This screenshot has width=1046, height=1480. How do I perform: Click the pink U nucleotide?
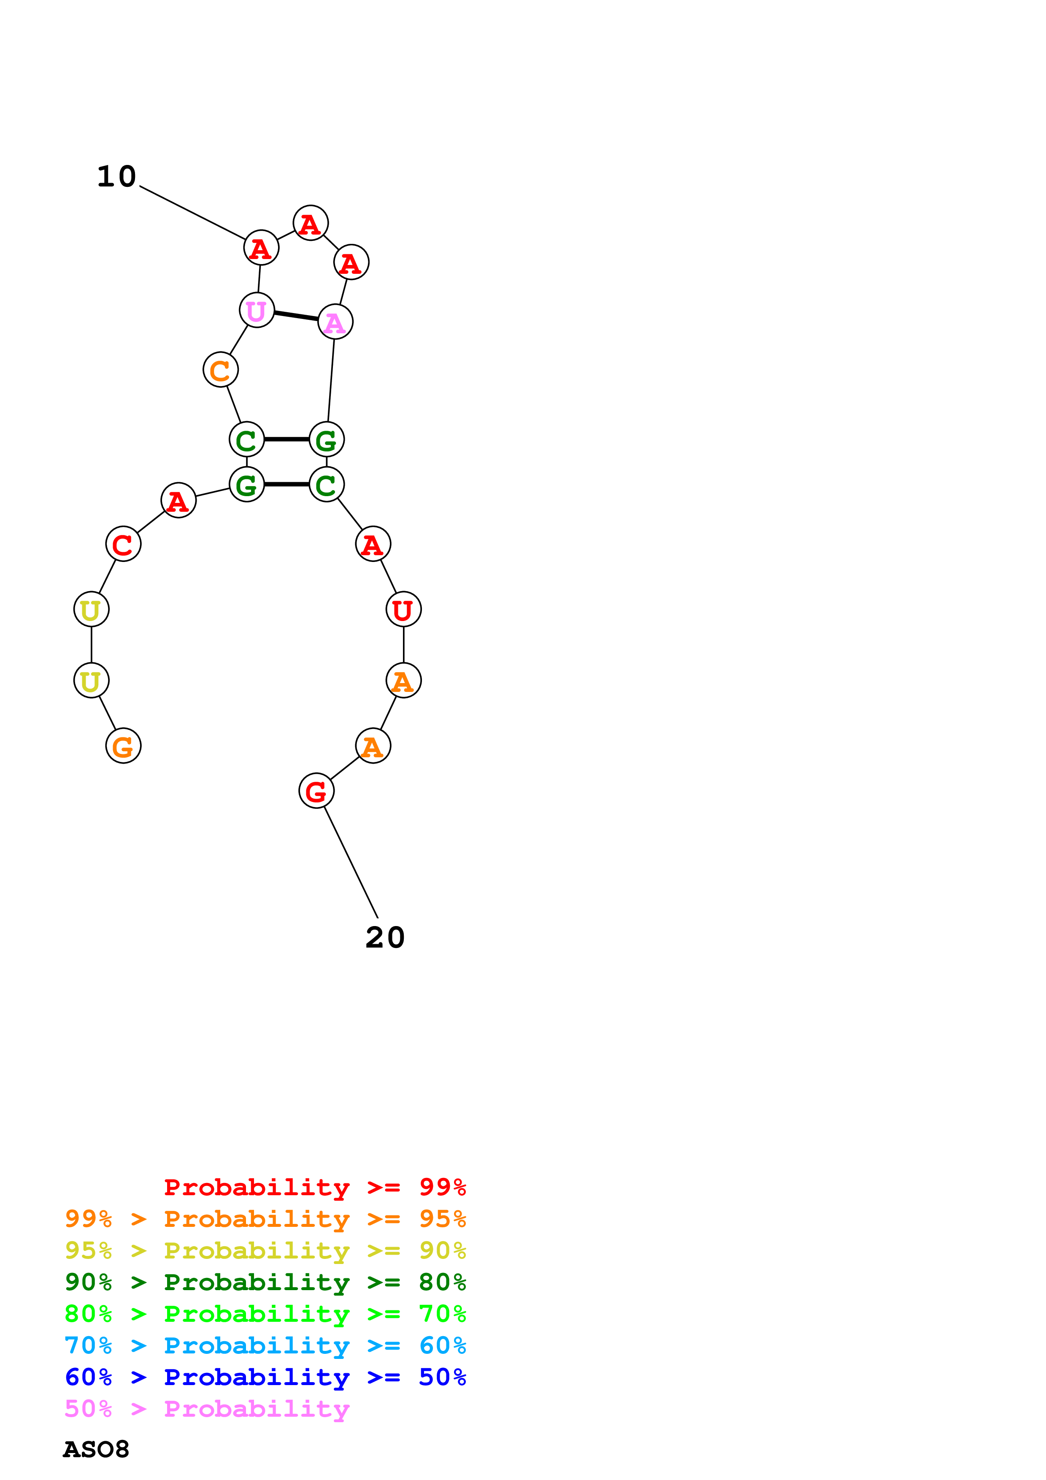pos(257,310)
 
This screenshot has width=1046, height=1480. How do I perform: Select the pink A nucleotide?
pos(335,321)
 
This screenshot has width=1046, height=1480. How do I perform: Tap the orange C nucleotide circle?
pos(220,370)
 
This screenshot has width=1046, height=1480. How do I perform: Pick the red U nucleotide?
pos(403,609)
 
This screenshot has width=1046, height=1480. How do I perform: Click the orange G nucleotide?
pos(123,746)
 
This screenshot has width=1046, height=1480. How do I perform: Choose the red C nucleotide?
pos(123,544)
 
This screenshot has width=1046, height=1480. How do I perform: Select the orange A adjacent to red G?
pos(373,746)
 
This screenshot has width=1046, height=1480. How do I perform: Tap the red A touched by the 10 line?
pos(261,248)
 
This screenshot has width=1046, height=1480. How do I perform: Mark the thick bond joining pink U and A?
pos(296,316)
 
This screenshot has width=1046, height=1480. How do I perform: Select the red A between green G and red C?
pos(178,500)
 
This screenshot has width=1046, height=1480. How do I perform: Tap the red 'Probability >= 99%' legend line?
pos(314,1187)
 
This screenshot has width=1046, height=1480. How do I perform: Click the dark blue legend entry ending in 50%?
pos(265,1377)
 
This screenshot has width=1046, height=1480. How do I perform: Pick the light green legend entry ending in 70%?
pos(265,1314)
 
